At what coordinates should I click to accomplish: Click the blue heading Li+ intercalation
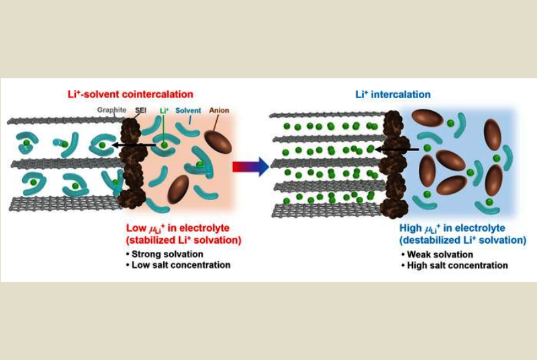click(x=393, y=95)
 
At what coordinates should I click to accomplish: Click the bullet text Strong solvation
click(x=165, y=254)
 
